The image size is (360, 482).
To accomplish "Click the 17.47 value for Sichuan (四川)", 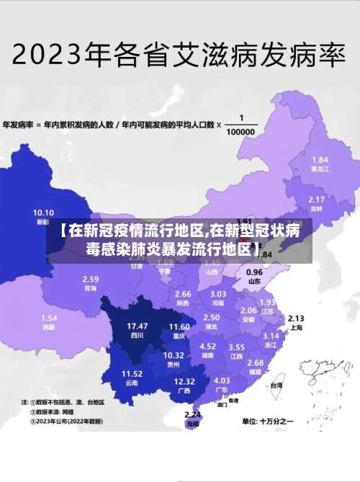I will point(138,326).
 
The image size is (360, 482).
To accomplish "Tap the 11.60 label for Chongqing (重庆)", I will point(179,326).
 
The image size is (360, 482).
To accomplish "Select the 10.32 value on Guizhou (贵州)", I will point(174,355).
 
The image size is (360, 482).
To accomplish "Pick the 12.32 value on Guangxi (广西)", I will point(184,381).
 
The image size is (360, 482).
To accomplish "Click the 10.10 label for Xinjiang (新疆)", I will point(43,213).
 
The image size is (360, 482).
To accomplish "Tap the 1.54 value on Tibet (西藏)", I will point(49,318).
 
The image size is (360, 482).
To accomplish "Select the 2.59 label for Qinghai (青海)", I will point(90,279).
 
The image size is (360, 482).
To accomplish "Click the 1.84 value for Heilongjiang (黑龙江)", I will point(320,159).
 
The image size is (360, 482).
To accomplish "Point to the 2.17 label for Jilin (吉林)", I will point(316,199).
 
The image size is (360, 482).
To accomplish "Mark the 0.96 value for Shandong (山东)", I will point(254,272).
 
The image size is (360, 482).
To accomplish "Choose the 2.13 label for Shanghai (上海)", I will point(296,318).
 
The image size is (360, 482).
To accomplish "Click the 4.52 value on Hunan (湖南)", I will point(207,347).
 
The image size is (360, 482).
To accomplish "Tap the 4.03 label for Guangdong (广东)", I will point(222,380).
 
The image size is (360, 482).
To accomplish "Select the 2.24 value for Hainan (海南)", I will point(192,415).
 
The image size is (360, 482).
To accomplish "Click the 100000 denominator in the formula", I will point(240,133).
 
